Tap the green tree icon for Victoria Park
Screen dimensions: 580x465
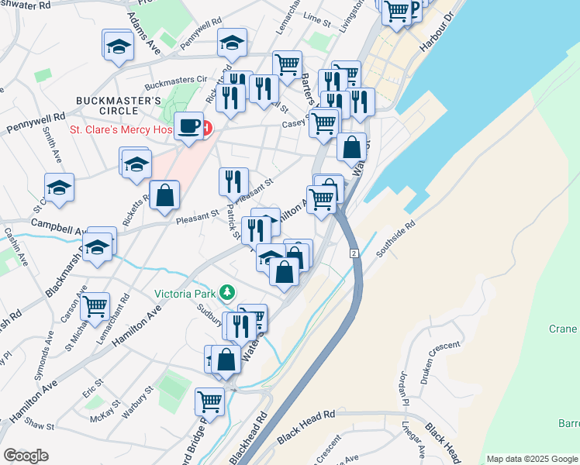click(x=227, y=293)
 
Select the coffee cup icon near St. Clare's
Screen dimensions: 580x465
click(x=188, y=126)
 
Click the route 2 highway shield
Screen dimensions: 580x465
click(x=353, y=253)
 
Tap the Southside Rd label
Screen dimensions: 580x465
click(x=396, y=240)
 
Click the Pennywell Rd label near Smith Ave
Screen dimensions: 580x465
click(x=36, y=122)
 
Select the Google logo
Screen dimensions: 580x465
click(x=26, y=455)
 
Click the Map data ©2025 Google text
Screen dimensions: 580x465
click(x=532, y=459)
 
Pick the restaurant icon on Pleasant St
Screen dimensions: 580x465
click(x=233, y=182)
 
